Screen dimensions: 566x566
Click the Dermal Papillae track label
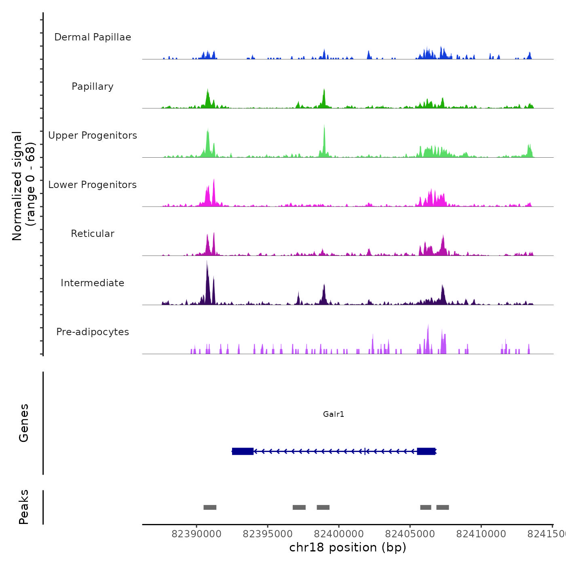coord(93,37)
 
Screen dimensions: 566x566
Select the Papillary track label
coord(93,87)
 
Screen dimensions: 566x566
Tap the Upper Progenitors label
coord(93,135)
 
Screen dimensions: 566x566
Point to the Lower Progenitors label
coord(93,185)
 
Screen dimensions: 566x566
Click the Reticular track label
coord(93,234)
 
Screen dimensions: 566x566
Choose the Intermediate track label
coord(93,283)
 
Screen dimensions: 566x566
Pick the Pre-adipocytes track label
coord(93,332)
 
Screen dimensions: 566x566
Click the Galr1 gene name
coord(334,414)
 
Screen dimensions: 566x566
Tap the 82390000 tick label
coord(196,534)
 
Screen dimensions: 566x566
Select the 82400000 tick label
coord(339,534)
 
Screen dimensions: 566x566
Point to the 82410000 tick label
coord(481,534)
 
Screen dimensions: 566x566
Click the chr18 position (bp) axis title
coord(348,547)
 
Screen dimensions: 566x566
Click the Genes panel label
coord(24,423)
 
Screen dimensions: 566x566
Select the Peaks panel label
coord(24,507)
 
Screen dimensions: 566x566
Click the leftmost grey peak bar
coord(210,507)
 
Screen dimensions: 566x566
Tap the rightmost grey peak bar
coord(442,507)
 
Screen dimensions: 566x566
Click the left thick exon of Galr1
coord(243,451)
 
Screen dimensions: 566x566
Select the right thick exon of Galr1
coord(426,451)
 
